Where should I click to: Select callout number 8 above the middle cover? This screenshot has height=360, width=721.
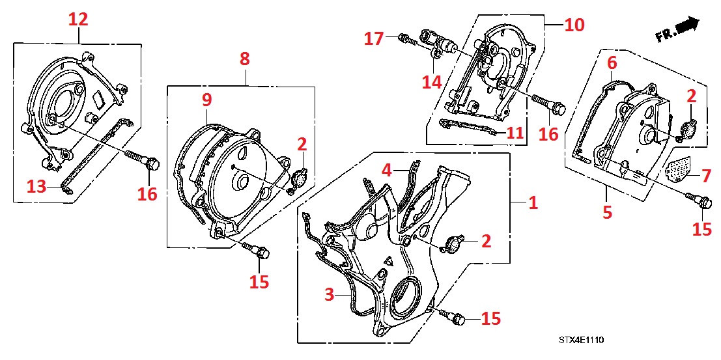click(x=244, y=59)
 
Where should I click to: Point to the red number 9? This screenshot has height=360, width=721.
click(x=206, y=100)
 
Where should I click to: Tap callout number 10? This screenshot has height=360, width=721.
click(x=574, y=25)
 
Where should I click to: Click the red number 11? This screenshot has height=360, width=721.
click(x=515, y=133)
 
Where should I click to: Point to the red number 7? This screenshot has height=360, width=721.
click(x=703, y=176)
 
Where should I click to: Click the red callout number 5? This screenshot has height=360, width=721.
click(x=607, y=212)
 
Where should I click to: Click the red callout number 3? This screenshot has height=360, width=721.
click(x=338, y=294)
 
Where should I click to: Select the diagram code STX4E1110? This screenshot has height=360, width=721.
click(x=580, y=340)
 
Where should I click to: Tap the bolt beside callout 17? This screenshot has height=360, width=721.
click(x=406, y=39)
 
